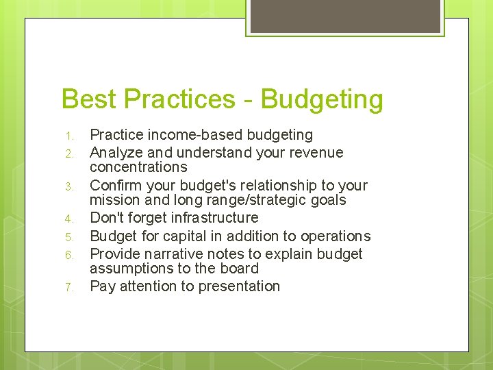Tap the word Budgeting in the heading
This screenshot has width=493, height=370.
coord(322,100)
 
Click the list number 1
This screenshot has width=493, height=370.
coord(68,136)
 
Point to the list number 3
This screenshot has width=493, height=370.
coord(68,186)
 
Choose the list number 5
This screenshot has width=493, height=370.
coord(68,237)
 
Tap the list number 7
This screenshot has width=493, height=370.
coord(68,287)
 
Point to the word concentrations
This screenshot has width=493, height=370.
coord(138,167)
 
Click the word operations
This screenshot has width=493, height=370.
coord(336,236)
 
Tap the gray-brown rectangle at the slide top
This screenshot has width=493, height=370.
coord(345,16)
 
